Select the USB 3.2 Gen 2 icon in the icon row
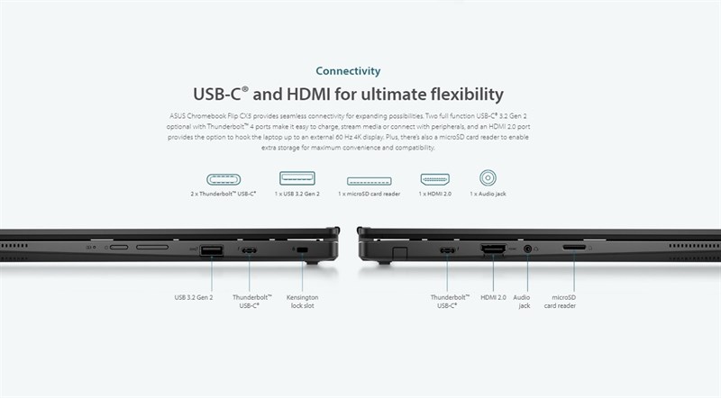(x=297, y=178)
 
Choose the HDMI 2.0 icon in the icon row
(x=434, y=178)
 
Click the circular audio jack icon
(x=489, y=178)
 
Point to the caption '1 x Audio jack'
(x=489, y=194)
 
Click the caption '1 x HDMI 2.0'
(x=434, y=194)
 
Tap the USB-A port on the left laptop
(x=211, y=249)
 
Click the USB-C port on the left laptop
(x=249, y=250)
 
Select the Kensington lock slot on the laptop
(x=302, y=250)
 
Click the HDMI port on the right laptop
(x=494, y=249)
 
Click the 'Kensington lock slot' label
(x=302, y=302)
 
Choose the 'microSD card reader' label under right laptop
(x=564, y=302)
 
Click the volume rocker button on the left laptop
(x=157, y=248)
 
